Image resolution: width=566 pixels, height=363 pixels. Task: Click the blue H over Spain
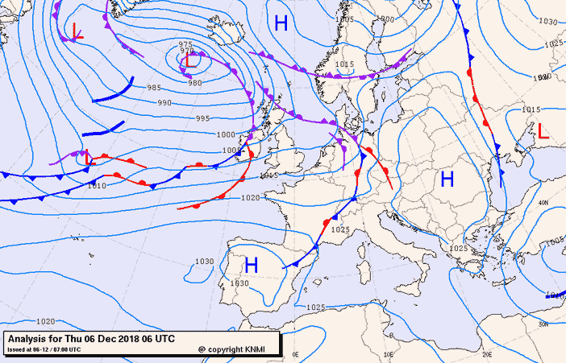click(251, 264)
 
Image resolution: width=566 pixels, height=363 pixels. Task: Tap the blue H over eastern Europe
click(447, 179)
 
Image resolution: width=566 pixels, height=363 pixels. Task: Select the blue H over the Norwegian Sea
click(281, 23)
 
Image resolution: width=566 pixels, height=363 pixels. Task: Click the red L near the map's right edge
click(543, 131)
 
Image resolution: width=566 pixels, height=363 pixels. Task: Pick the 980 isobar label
click(194, 83)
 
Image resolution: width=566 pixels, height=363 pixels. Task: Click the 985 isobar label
click(154, 88)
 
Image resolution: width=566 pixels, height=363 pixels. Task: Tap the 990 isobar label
click(164, 103)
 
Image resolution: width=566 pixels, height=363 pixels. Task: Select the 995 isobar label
click(203, 118)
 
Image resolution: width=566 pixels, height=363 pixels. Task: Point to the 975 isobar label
click(185, 44)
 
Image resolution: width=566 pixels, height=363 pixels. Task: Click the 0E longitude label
click(295, 354)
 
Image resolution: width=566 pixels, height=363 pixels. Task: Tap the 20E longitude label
click(486, 354)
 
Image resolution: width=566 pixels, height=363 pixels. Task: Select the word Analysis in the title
click(27, 339)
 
